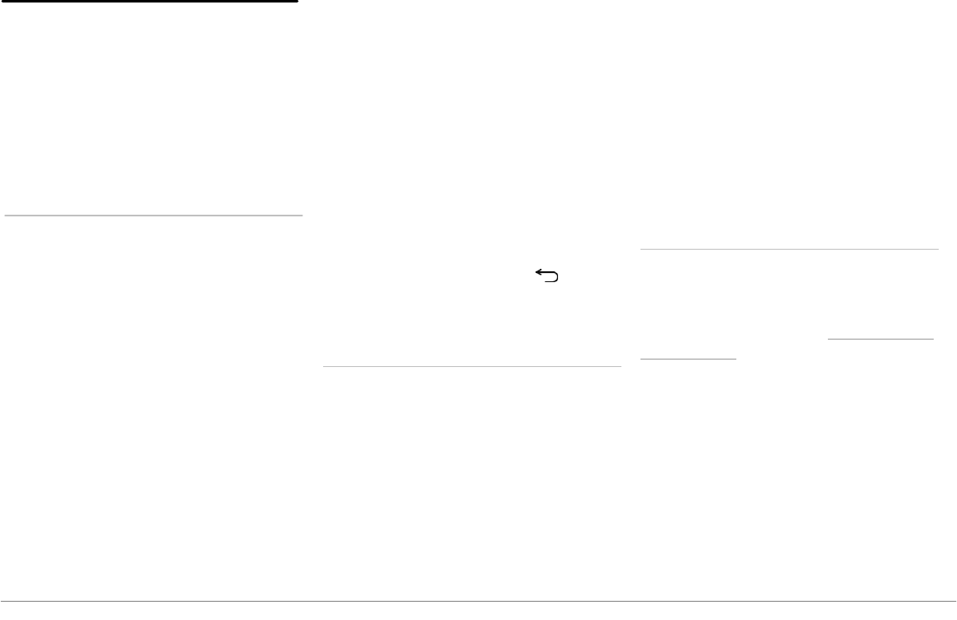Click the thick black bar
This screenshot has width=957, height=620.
click(149, 2)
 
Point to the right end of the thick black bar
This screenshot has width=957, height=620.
click(297, 2)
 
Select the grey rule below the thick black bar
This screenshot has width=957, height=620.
click(153, 216)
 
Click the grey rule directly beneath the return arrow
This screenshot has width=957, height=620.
click(471, 366)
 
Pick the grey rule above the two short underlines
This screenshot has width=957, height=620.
click(789, 249)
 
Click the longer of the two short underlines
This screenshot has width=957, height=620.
click(880, 339)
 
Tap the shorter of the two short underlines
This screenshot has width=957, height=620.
click(688, 359)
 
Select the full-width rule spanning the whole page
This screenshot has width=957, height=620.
click(478, 601)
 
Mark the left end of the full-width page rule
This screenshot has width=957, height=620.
click(2, 601)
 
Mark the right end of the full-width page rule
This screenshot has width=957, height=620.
click(955, 601)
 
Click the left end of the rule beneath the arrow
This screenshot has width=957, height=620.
click(324, 366)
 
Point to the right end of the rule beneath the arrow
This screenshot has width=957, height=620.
click(621, 366)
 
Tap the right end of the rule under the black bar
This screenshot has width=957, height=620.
click(302, 216)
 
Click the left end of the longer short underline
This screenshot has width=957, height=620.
click(828, 339)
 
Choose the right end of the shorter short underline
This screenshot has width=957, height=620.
click(736, 359)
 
